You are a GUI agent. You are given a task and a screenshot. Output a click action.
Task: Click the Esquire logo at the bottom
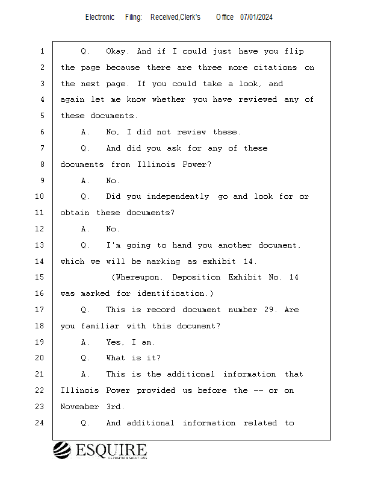click(100, 450)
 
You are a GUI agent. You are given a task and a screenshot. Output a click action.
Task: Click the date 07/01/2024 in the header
click(256, 17)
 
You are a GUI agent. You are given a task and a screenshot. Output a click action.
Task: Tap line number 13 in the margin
click(40, 245)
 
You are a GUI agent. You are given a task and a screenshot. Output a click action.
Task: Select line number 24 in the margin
click(40, 423)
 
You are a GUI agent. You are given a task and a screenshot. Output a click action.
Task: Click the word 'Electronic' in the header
click(100, 17)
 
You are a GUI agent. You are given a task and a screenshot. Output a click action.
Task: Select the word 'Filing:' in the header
click(134, 17)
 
